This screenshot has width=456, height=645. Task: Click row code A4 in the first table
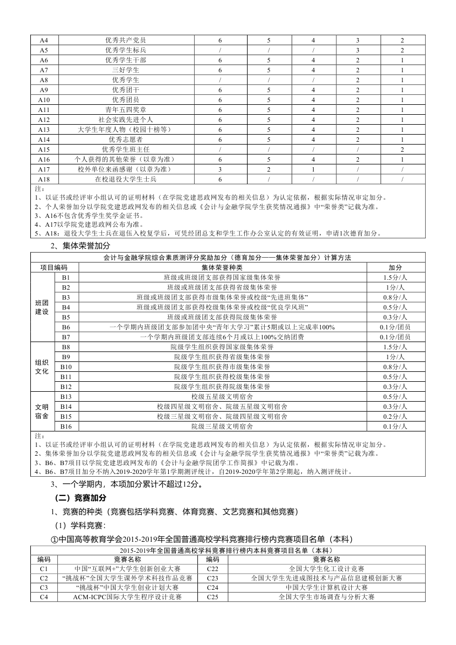[44, 40]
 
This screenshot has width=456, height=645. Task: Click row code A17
[44, 169]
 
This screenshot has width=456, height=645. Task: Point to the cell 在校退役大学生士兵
[126, 179]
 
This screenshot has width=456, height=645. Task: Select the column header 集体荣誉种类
[222, 268]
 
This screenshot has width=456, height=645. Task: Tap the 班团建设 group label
[42, 307]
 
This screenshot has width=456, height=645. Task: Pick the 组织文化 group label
[42, 367]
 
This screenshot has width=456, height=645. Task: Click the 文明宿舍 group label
[42, 411]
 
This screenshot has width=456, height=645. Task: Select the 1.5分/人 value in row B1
[395, 278]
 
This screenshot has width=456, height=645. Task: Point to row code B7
[66, 337]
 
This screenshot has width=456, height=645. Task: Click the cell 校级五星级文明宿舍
[222, 397]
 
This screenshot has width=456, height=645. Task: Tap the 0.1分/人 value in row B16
[395, 427]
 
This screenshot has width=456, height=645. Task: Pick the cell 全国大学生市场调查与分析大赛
[326, 598]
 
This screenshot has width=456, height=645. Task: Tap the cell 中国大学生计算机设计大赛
[326, 588]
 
